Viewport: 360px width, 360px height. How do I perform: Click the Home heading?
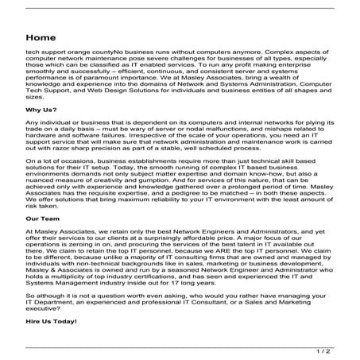pyautogui.click(x=40, y=37)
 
